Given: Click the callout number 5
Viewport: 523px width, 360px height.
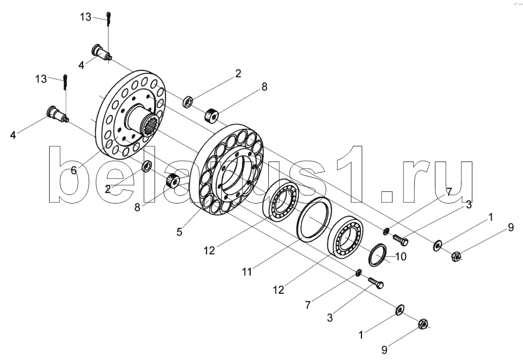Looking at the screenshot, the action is coord(179,231).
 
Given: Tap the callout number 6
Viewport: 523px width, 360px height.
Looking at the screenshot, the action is coord(74,170).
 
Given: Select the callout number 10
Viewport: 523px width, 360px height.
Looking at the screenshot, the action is coord(400,256).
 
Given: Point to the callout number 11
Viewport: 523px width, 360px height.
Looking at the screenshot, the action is coord(247,272).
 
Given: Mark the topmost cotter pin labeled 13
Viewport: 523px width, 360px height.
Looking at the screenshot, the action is coord(109,19).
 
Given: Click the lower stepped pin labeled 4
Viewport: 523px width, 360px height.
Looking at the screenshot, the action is coord(57,114).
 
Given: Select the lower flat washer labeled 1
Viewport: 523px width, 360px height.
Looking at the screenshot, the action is coord(399,309).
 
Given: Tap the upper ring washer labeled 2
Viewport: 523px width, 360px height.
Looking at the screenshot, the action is coord(188,101).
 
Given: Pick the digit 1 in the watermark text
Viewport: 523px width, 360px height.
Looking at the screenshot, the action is coord(350,174).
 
